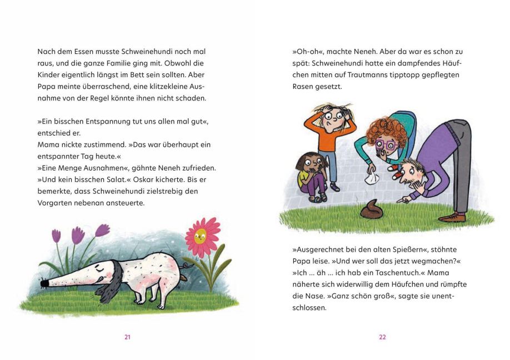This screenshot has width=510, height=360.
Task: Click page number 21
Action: (127, 337)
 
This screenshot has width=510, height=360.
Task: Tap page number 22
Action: (382, 337)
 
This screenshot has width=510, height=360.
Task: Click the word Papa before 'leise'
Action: (301, 261)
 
